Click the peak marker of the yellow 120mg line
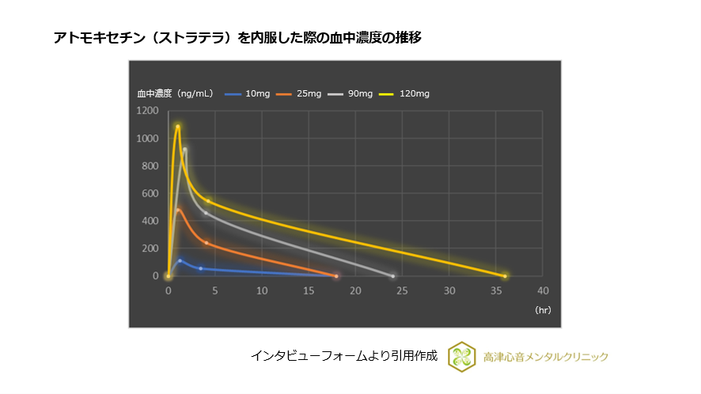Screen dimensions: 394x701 pyautogui.click(x=178, y=127)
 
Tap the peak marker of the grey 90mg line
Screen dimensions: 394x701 pyautogui.click(x=185, y=150)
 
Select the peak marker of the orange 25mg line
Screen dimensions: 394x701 pyautogui.click(x=179, y=210)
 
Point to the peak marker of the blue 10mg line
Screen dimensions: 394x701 pyautogui.click(x=180, y=260)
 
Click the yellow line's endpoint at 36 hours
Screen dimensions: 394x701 pyautogui.click(x=505, y=276)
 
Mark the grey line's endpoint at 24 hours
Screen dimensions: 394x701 pyautogui.click(x=392, y=276)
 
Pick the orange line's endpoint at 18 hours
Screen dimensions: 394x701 pyautogui.click(x=336, y=276)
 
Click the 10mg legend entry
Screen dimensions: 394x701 pyautogui.click(x=248, y=94)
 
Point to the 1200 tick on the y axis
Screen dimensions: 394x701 pyautogui.click(x=146, y=111)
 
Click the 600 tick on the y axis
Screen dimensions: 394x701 pyautogui.click(x=149, y=193)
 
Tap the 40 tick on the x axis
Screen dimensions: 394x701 pyautogui.click(x=543, y=290)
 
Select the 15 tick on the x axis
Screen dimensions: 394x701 pyautogui.click(x=309, y=290)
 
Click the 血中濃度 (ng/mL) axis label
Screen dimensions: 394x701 pyautogui.click(x=175, y=94)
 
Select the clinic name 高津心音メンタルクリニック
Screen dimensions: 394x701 pyautogui.click(x=546, y=357)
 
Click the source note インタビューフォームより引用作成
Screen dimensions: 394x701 pyautogui.click(x=344, y=356)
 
